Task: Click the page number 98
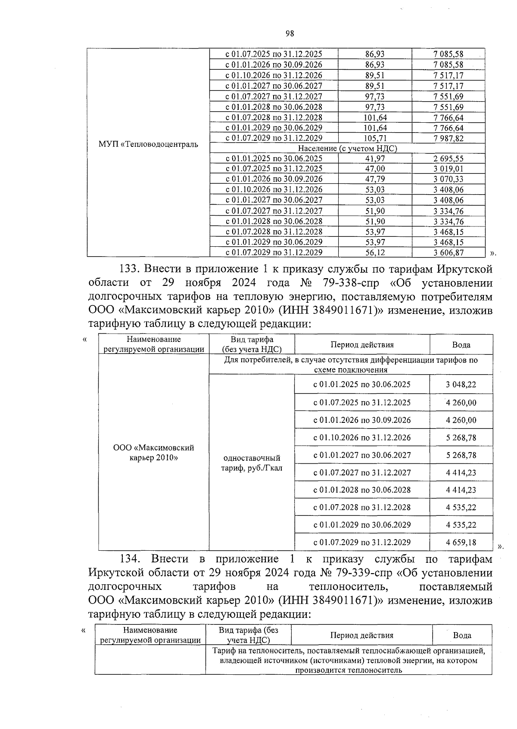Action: (289, 34)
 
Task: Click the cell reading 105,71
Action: (375, 138)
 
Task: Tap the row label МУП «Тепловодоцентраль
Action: (148, 144)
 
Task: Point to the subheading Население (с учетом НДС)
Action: (347, 148)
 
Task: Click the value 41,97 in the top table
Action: (375, 158)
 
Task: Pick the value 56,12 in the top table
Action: (375, 253)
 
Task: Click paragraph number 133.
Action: (129, 270)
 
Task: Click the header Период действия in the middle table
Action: (362, 345)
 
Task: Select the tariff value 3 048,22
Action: (461, 385)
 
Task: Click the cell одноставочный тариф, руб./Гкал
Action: (252, 463)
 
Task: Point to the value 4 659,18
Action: (461, 542)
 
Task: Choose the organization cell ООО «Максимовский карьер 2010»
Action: (153, 453)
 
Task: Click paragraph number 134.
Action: (130, 559)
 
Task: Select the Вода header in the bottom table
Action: (462, 635)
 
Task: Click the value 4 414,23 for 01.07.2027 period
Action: (461, 472)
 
